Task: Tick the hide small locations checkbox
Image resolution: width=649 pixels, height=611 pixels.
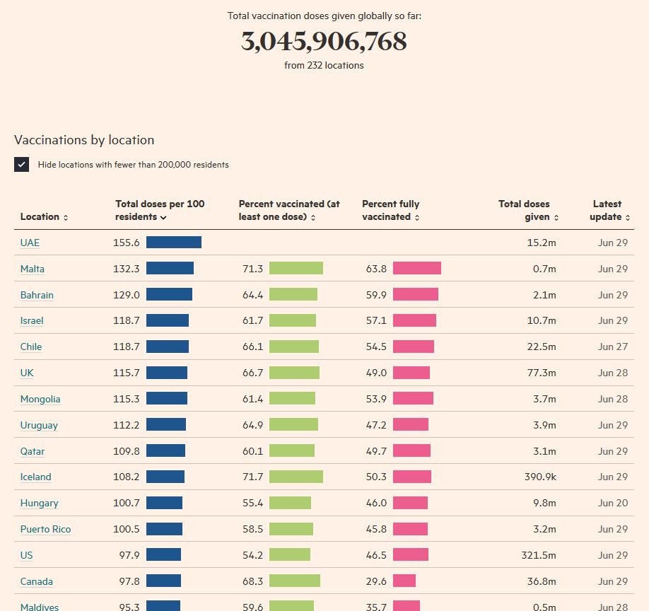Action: click(x=22, y=165)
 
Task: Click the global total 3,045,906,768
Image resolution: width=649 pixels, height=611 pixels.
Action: click(x=324, y=42)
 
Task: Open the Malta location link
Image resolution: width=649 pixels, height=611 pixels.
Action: click(x=33, y=269)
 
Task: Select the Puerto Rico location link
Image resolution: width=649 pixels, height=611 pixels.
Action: click(x=45, y=529)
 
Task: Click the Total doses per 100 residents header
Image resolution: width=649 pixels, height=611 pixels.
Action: click(x=160, y=210)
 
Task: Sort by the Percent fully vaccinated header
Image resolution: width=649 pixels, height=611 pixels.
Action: click(x=391, y=210)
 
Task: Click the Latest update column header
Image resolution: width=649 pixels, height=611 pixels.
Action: click(x=608, y=210)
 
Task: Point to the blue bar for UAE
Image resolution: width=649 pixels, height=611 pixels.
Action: click(x=174, y=243)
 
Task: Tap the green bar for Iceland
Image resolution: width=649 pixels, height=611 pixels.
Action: click(x=296, y=477)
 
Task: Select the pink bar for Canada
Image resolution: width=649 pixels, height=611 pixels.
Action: click(x=404, y=581)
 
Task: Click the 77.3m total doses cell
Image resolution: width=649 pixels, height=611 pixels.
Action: click(x=542, y=373)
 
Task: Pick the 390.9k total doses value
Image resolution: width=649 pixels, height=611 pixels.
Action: click(x=540, y=477)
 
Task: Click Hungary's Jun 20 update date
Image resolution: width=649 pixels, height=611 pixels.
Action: click(x=612, y=503)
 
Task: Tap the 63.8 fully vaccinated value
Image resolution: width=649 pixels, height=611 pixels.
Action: click(x=376, y=269)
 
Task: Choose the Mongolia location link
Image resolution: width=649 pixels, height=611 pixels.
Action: click(x=40, y=399)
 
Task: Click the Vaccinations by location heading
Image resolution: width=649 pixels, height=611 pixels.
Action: click(x=84, y=140)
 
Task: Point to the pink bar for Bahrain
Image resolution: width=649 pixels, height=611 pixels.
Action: click(x=416, y=295)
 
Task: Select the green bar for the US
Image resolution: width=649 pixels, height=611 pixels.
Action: click(x=290, y=555)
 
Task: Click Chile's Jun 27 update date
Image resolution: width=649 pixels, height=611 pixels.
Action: click(x=612, y=347)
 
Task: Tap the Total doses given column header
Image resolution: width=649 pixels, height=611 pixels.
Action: click(x=528, y=210)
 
